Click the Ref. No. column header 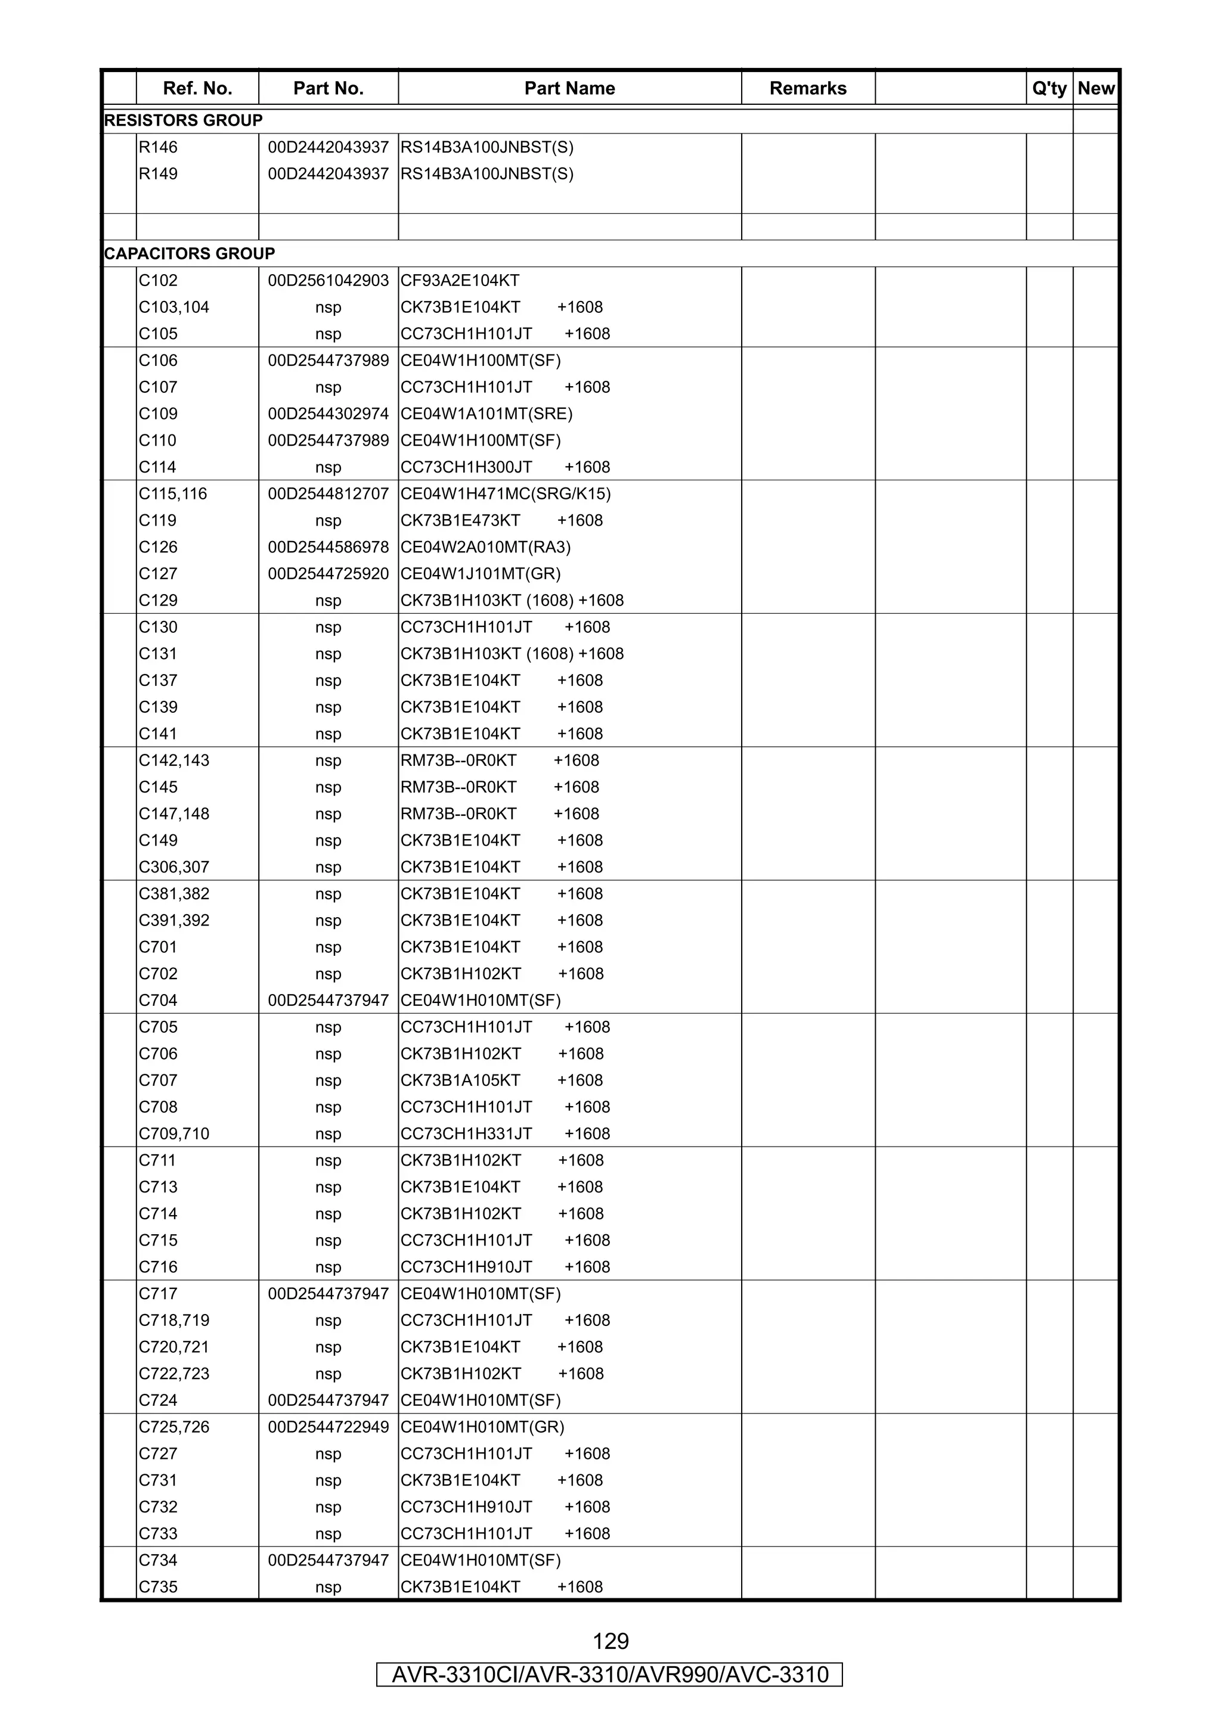tap(197, 88)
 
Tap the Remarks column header tap(807, 88)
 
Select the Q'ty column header tap(1049, 88)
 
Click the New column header tap(1095, 88)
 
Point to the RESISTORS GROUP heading tap(183, 120)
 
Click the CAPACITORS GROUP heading tap(189, 253)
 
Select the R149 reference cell tap(158, 174)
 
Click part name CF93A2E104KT tap(460, 281)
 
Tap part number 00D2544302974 tap(328, 414)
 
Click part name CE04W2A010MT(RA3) tap(485, 547)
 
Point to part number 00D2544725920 tap(328, 574)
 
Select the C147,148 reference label tap(173, 814)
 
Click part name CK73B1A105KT tap(460, 1080)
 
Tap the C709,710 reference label tap(173, 1133)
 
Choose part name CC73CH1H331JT tap(466, 1133)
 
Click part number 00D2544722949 tap(328, 1427)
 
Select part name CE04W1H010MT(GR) tap(482, 1427)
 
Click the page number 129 tap(610, 1641)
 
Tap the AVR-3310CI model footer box tap(609, 1675)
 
